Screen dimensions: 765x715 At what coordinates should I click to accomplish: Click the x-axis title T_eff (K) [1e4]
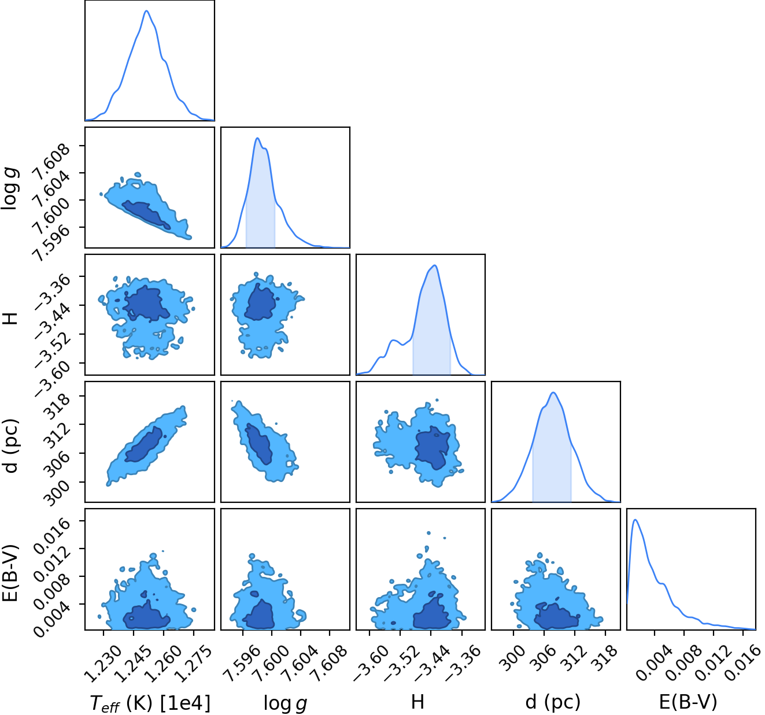click(150, 703)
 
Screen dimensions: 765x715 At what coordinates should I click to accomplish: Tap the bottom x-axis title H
click(417, 702)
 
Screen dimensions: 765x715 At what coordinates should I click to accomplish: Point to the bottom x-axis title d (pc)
click(553, 702)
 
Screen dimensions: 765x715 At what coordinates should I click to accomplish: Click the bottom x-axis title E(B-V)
click(688, 702)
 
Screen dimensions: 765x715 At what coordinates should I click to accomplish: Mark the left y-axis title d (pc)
click(10, 446)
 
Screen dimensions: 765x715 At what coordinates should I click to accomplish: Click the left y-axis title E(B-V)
click(10, 573)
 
